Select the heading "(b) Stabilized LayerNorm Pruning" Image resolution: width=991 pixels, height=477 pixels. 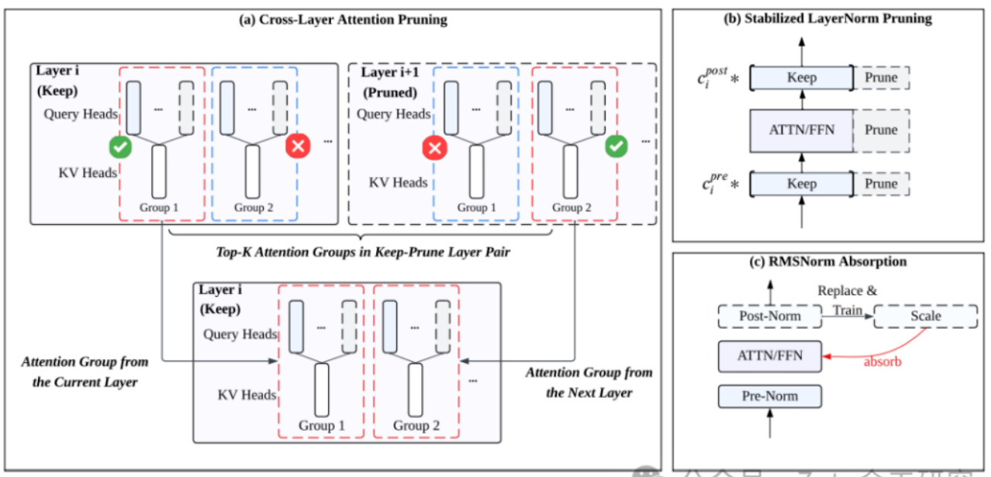(x=829, y=19)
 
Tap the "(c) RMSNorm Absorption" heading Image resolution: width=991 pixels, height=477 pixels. (x=829, y=261)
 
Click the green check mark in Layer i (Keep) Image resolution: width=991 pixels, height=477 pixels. (x=120, y=145)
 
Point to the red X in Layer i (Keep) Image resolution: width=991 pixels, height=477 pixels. (x=297, y=145)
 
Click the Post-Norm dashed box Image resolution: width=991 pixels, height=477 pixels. (x=769, y=316)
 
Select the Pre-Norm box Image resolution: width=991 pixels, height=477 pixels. (x=769, y=397)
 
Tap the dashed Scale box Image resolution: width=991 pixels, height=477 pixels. (x=925, y=316)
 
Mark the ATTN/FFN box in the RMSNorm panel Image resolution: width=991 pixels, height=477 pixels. (x=769, y=356)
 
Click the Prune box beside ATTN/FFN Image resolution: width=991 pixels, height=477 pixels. (x=881, y=130)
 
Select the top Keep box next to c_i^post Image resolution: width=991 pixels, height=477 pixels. (x=801, y=78)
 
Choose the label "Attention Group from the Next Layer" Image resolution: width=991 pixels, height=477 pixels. (x=589, y=382)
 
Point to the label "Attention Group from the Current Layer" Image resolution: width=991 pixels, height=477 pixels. (x=85, y=372)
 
